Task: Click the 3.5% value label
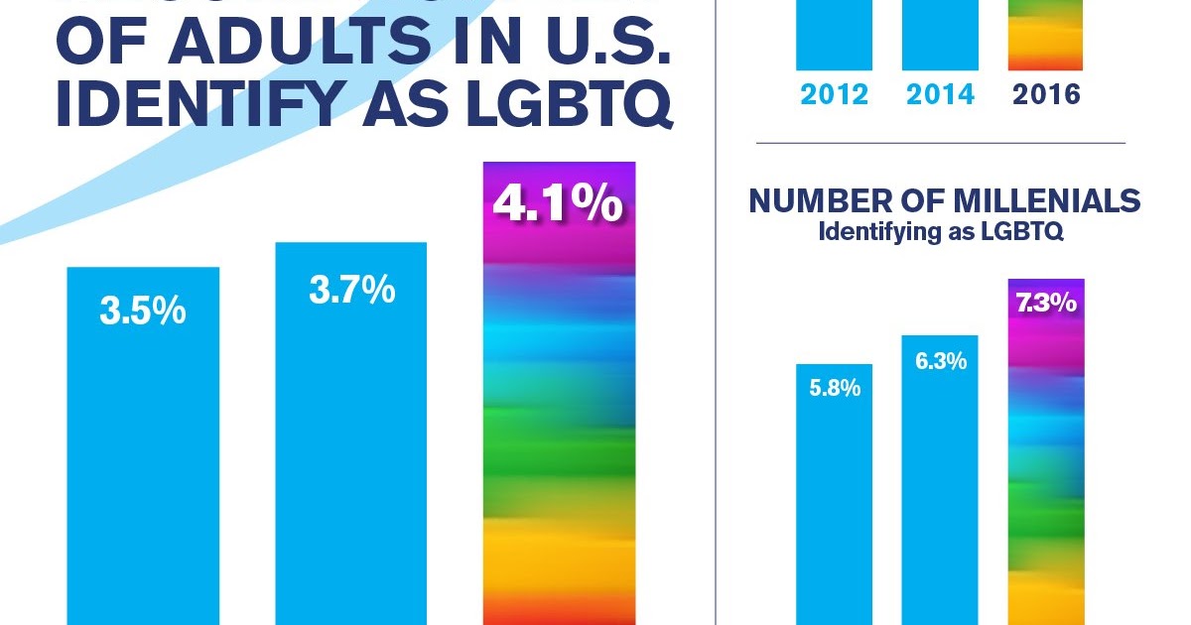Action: tap(143, 311)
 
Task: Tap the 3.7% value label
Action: tap(351, 291)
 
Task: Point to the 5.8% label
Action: tap(835, 389)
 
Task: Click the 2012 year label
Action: tap(835, 95)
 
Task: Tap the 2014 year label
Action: tap(940, 95)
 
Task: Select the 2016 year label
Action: tap(1045, 95)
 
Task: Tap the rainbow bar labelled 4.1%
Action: tap(559, 417)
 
